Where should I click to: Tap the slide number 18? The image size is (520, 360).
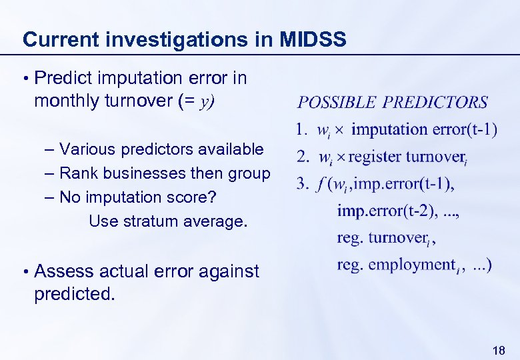[x=497, y=350]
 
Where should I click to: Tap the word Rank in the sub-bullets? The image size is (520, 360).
[x=76, y=173]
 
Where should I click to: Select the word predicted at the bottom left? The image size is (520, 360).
[x=73, y=294]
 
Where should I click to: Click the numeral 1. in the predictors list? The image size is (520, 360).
[x=301, y=129]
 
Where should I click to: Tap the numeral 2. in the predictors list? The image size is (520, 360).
[x=302, y=157]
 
